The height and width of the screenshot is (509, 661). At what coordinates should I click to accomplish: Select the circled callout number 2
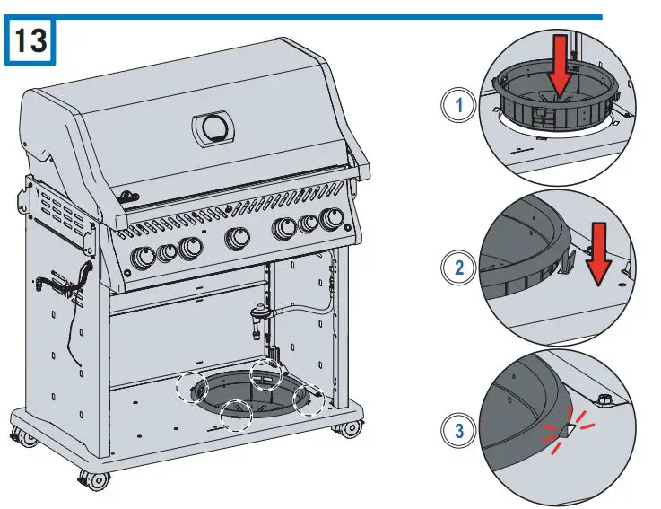tap(460, 268)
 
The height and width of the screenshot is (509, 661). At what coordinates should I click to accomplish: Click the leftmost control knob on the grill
tap(144, 259)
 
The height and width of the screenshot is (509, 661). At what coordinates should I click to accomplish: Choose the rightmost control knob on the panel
tap(331, 219)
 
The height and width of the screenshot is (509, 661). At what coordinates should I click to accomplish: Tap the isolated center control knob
tap(236, 239)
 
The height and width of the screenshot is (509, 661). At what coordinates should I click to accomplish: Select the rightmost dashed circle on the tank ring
tap(309, 397)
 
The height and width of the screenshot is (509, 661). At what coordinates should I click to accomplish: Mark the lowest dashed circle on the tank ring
tap(236, 416)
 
